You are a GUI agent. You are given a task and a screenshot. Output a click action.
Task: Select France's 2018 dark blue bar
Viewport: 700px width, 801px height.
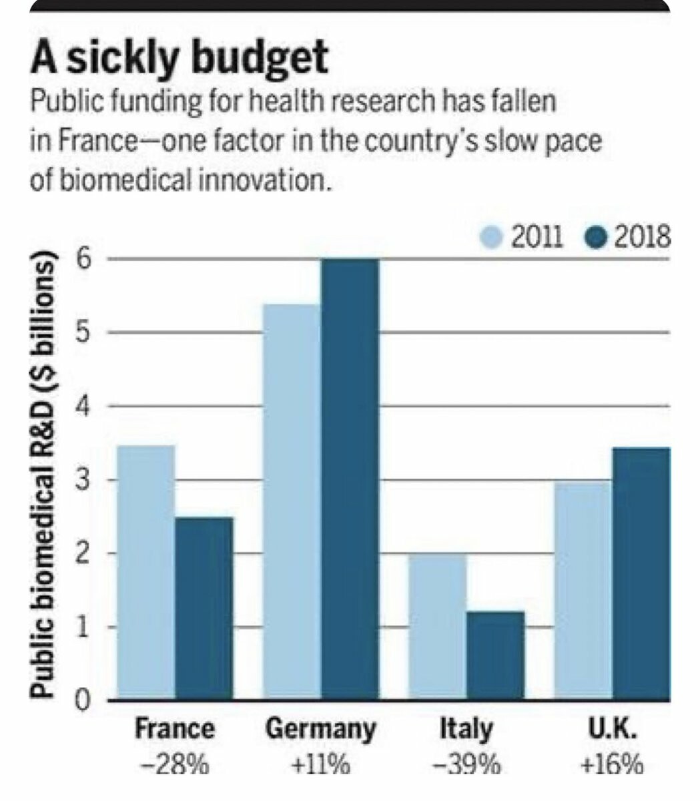(204, 608)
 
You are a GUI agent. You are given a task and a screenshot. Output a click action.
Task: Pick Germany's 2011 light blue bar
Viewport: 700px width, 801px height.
(292, 501)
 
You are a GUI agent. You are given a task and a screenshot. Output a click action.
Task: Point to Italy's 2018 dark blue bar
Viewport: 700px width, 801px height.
(495, 655)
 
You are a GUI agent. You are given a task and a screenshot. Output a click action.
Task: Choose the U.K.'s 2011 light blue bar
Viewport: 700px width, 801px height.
(583, 590)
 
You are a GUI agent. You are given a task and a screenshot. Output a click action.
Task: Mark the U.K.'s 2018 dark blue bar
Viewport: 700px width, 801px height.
(641, 573)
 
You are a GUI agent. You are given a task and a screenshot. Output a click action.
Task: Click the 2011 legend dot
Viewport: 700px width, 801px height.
(492, 238)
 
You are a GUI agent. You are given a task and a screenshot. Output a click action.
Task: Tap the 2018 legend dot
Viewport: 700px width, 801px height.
(595, 238)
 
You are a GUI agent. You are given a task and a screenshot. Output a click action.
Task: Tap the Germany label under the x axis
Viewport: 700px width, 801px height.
(320, 729)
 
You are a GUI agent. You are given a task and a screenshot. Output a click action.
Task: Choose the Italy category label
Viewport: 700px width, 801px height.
(466, 729)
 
